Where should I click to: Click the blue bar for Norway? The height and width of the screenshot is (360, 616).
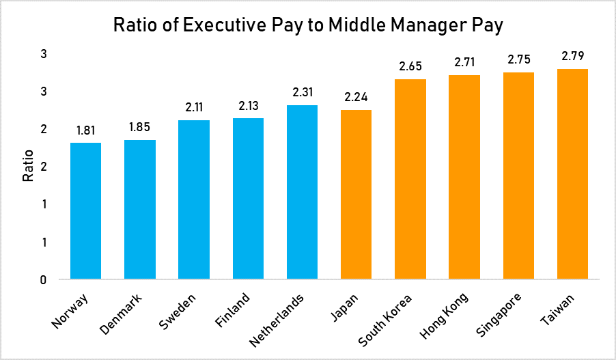[85, 211]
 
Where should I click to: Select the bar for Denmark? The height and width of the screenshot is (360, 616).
[140, 210]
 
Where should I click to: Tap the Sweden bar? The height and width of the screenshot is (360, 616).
[194, 199]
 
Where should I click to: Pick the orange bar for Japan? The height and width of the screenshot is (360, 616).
[356, 195]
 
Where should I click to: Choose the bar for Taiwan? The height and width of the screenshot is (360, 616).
[572, 174]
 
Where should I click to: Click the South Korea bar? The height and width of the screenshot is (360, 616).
[410, 180]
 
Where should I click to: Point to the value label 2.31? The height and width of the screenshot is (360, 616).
[302, 92]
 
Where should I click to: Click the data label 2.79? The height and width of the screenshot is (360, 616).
[572, 56]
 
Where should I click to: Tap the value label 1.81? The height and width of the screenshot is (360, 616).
[85, 130]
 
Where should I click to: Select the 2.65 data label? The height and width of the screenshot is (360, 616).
[410, 66]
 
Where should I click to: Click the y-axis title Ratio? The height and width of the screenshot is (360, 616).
[28, 167]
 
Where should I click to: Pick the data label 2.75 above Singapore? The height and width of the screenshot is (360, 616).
[518, 59]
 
